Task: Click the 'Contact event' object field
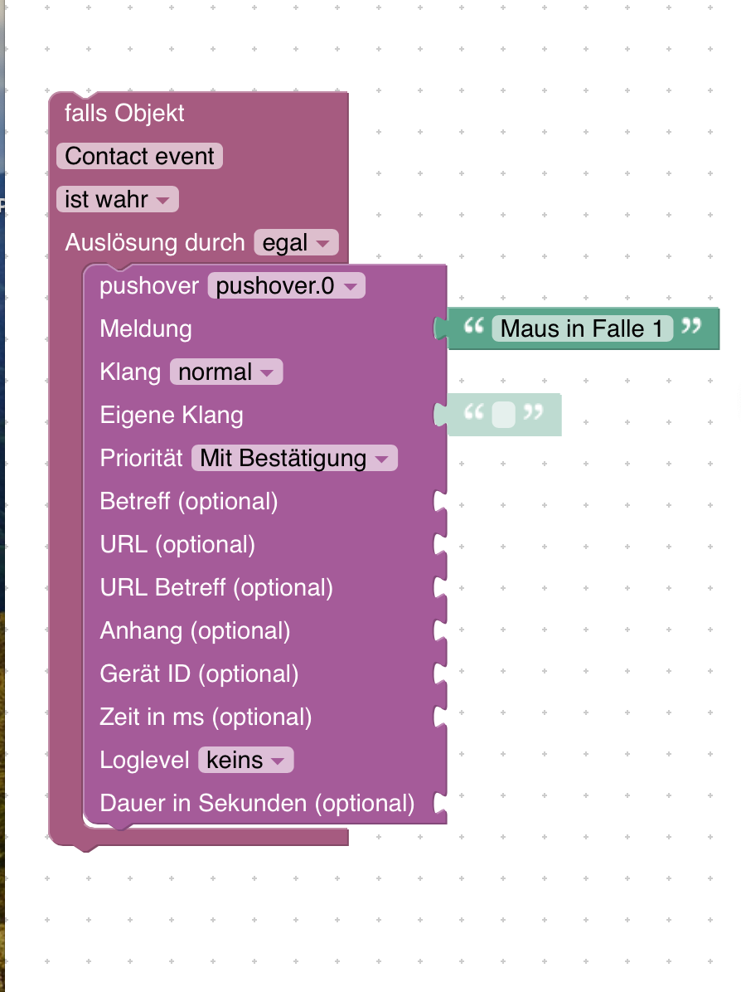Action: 140,156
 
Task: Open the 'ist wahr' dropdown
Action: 118,199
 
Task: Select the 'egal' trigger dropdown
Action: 297,242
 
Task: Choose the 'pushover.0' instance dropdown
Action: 287,285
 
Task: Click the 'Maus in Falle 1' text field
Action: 582,329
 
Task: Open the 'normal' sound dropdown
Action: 226,372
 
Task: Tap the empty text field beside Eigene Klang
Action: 504,415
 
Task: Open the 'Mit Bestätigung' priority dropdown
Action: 294,458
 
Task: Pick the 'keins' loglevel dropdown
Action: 246,760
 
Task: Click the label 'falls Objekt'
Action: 124,114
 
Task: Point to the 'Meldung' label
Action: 146,329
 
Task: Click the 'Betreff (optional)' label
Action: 189,501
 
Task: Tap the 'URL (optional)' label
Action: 177,544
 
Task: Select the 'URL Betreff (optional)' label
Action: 216,587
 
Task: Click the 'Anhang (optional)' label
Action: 196,630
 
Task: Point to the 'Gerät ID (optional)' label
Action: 199,673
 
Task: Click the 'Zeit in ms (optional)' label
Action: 206,717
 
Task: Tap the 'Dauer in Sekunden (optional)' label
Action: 257,803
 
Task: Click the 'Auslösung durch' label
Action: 155,242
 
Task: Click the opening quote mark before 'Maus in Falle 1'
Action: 473,326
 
